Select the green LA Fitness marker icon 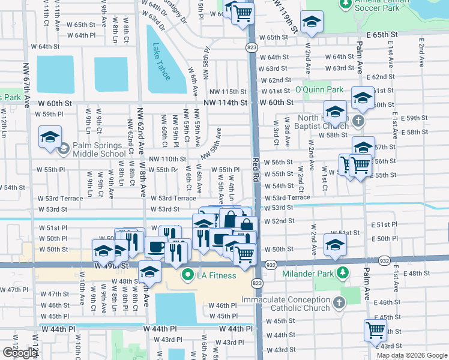[188, 275]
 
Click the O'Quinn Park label [319, 90]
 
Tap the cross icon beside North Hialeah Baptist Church [358, 121]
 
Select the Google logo [19, 353]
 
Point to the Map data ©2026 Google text [412, 355]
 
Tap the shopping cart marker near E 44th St [375, 329]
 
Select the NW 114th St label [225, 103]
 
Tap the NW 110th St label [167, 159]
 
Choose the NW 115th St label [228, 91]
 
